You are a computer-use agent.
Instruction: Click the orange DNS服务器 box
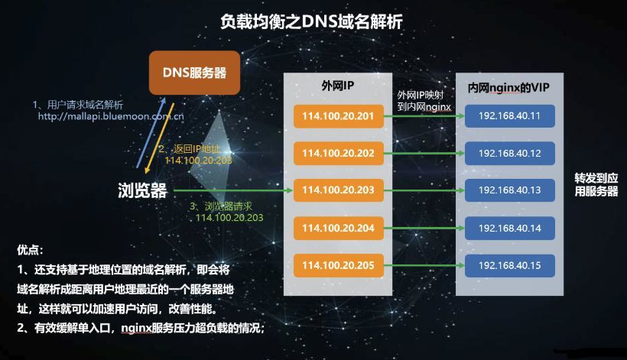click(194, 73)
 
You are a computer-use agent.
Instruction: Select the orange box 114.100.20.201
click(338, 116)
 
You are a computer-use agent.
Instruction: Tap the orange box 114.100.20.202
click(338, 153)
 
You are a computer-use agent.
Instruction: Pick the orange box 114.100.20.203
click(338, 190)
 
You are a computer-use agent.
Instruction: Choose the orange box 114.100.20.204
click(338, 228)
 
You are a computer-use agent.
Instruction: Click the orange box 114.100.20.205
click(338, 265)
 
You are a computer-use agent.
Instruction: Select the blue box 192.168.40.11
click(509, 116)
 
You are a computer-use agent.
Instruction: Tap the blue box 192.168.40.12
click(509, 153)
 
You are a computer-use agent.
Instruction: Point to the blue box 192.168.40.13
click(509, 190)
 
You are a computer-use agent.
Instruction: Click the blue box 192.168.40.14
click(509, 228)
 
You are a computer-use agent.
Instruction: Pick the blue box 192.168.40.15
click(509, 265)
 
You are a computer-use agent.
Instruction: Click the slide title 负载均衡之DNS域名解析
click(311, 21)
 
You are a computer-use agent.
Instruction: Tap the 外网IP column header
click(338, 86)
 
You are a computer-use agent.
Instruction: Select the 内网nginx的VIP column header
click(508, 87)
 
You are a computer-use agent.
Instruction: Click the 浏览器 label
click(142, 190)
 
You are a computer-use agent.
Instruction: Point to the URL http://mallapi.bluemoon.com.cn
click(111, 116)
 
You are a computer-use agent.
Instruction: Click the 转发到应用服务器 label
click(596, 185)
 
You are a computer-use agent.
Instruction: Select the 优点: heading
click(30, 250)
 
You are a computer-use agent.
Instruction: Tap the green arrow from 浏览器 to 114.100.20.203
click(233, 190)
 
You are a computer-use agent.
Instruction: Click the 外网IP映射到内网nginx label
click(424, 101)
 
